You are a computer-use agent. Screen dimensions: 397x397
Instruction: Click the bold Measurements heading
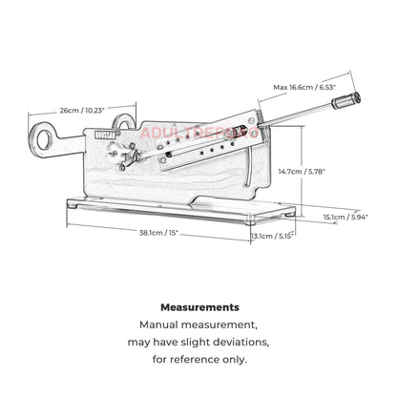[x=198, y=308]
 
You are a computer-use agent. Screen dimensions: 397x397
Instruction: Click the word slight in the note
[x=195, y=343]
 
